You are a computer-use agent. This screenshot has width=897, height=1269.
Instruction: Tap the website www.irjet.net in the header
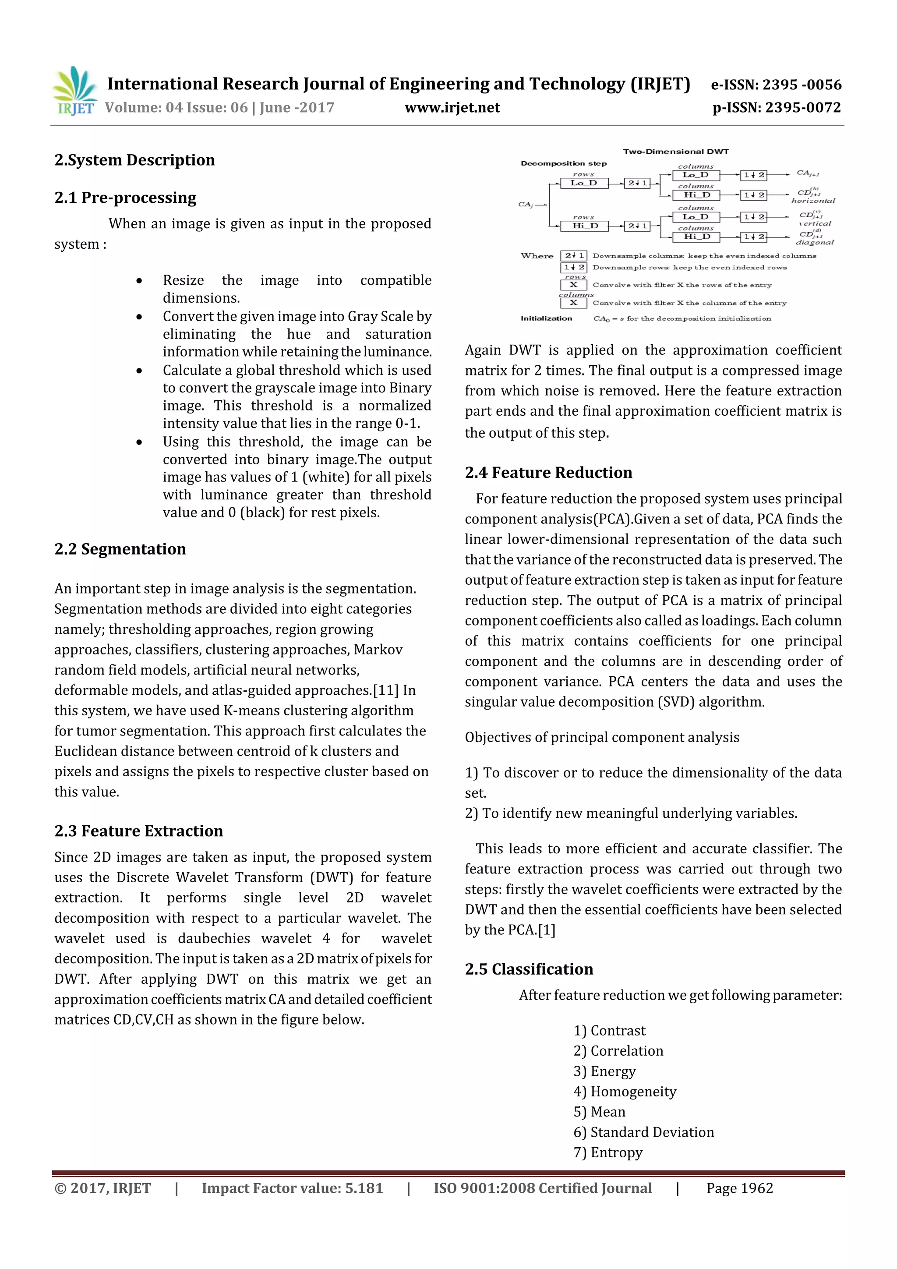pyautogui.click(x=452, y=108)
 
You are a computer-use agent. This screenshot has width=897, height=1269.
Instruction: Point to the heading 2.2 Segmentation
pyautogui.click(x=120, y=549)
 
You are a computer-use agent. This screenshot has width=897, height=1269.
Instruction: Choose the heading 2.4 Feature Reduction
pyautogui.click(x=548, y=473)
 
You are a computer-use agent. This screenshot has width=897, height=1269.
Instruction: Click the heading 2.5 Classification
pyautogui.click(x=529, y=969)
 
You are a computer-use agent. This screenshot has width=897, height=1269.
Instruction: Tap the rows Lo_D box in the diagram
pyautogui.click(x=584, y=183)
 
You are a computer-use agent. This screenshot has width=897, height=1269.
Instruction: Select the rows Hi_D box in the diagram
pyautogui.click(x=584, y=226)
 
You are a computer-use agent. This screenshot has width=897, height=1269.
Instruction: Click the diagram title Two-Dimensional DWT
pyautogui.click(x=675, y=152)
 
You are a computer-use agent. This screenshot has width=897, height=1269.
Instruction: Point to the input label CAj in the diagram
pyautogui.click(x=525, y=205)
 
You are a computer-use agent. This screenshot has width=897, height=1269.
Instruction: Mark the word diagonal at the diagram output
pyautogui.click(x=814, y=242)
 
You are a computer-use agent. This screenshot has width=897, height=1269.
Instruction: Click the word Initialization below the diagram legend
pyautogui.click(x=546, y=318)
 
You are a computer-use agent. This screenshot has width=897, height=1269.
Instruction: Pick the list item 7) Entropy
pyautogui.click(x=608, y=1152)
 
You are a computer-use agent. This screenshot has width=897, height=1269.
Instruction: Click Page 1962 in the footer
pyautogui.click(x=739, y=1188)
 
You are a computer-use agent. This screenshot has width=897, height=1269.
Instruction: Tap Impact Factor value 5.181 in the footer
pyautogui.click(x=292, y=1188)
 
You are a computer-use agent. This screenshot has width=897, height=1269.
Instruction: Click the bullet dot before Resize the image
pyautogui.click(x=139, y=281)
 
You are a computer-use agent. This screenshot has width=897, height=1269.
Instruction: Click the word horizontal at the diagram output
pyautogui.click(x=813, y=201)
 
